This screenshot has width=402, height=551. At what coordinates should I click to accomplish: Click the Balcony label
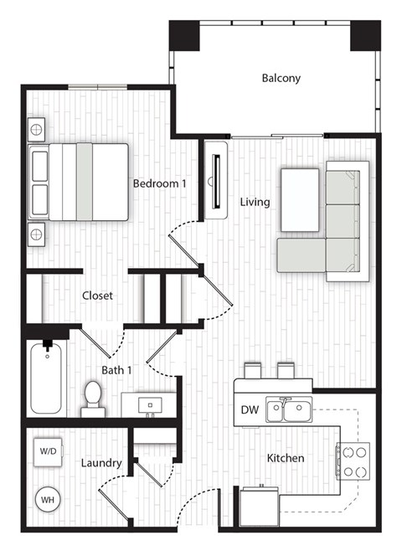pos(281,79)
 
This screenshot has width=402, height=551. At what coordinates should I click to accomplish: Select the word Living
pos(255,202)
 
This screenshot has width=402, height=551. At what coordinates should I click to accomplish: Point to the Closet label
pos(97,296)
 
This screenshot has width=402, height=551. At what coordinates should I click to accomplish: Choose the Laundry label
pos(102,462)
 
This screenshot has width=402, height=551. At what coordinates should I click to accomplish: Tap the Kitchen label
pos(285,458)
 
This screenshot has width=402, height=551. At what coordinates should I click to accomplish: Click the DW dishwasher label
pos(250,410)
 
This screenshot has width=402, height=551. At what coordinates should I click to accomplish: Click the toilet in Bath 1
pos(92,399)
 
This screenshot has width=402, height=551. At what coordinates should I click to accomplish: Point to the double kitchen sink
pos(287,410)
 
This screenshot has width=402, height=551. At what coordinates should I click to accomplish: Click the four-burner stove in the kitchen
pos(353,460)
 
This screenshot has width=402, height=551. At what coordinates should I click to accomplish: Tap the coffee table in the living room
pos(300,199)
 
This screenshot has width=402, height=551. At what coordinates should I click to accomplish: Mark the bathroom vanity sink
pos(151,404)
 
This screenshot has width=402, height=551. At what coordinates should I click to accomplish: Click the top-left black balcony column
pos(184,36)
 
